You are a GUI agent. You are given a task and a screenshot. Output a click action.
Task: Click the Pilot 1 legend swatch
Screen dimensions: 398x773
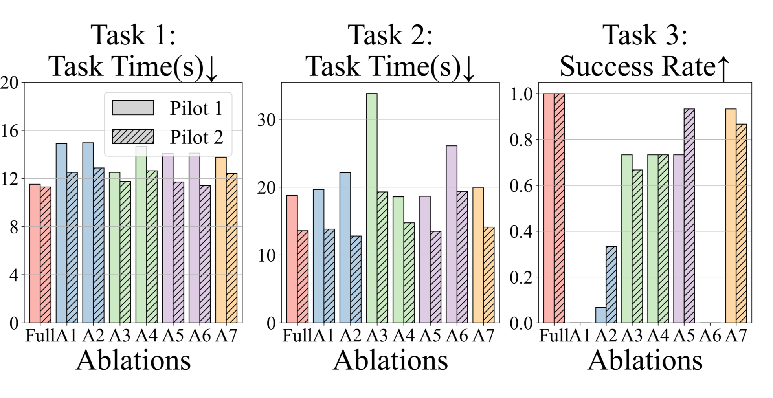tap(133, 108)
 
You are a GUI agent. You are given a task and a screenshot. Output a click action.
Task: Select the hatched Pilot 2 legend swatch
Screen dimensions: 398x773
tap(133, 136)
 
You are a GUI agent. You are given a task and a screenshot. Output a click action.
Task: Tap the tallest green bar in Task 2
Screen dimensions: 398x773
tap(371, 208)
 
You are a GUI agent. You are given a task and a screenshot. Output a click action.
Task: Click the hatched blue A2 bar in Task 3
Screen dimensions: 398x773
tap(611, 284)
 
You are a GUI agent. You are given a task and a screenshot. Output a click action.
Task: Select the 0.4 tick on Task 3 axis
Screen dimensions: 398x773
tap(521, 232)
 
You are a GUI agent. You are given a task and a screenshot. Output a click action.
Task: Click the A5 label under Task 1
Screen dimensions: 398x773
tap(173, 336)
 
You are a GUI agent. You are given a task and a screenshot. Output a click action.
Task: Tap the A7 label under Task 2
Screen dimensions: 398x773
tap(483, 336)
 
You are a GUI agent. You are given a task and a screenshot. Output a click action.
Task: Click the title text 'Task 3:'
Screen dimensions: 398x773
tap(645, 35)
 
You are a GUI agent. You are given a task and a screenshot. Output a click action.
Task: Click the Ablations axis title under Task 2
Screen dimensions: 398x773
tap(390, 360)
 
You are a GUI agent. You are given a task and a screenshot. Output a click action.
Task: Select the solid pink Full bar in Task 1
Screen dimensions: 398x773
tap(35, 253)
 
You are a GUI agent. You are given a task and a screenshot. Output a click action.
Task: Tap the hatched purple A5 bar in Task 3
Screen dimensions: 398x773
tap(689, 216)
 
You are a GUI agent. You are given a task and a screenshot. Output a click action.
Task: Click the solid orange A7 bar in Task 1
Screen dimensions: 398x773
tap(221, 240)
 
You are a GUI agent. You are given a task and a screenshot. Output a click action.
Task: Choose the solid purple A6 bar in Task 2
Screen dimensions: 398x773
tap(452, 234)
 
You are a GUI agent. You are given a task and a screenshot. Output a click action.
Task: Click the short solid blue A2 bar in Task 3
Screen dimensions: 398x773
tap(600, 315)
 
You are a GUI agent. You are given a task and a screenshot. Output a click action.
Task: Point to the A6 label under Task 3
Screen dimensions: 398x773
tap(710, 336)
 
